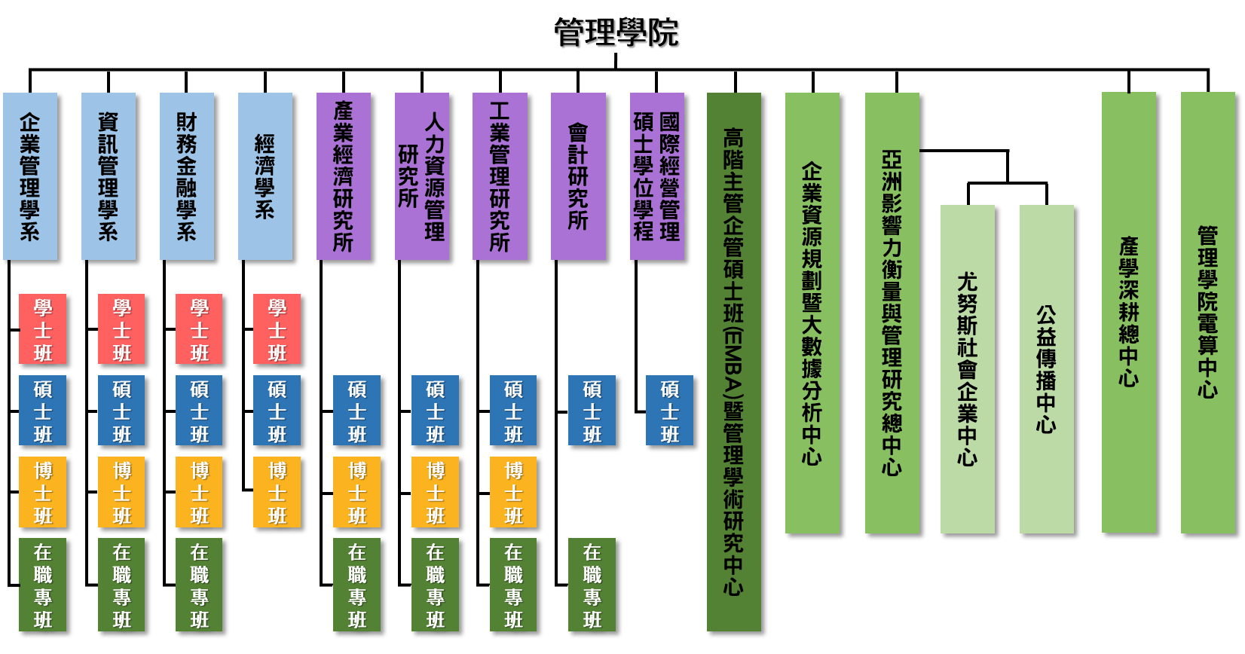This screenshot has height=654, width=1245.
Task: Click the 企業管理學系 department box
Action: click(30, 176)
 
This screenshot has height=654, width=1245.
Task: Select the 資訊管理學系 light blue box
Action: click(109, 176)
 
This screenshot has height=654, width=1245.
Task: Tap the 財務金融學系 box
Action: click(187, 176)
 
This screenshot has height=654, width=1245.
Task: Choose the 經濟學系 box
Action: click(265, 176)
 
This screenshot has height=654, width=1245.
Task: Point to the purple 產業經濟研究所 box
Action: click(344, 176)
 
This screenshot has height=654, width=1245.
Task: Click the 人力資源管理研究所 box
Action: click(422, 176)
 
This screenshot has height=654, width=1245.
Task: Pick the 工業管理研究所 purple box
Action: click(500, 176)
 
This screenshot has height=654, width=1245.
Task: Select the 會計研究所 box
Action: click(578, 176)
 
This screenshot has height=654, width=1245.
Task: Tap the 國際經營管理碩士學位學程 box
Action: click(657, 176)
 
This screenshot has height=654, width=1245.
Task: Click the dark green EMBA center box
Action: click(734, 362)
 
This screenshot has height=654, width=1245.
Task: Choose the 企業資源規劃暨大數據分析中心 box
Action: click(812, 313)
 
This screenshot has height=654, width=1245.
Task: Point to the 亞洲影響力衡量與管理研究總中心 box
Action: click(892, 313)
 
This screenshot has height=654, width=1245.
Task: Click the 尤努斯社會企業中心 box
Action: click(968, 369)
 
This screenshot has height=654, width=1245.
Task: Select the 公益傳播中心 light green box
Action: click(1047, 369)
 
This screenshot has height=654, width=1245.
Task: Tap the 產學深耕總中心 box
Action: click(1129, 313)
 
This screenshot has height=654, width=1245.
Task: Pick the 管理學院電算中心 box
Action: click(1208, 313)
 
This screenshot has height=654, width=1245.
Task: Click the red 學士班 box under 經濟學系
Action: click(277, 329)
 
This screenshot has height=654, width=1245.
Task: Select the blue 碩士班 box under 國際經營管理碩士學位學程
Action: click(669, 411)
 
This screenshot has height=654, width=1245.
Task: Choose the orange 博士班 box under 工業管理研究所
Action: click(513, 492)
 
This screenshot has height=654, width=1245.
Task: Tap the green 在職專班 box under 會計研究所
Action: click(592, 585)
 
